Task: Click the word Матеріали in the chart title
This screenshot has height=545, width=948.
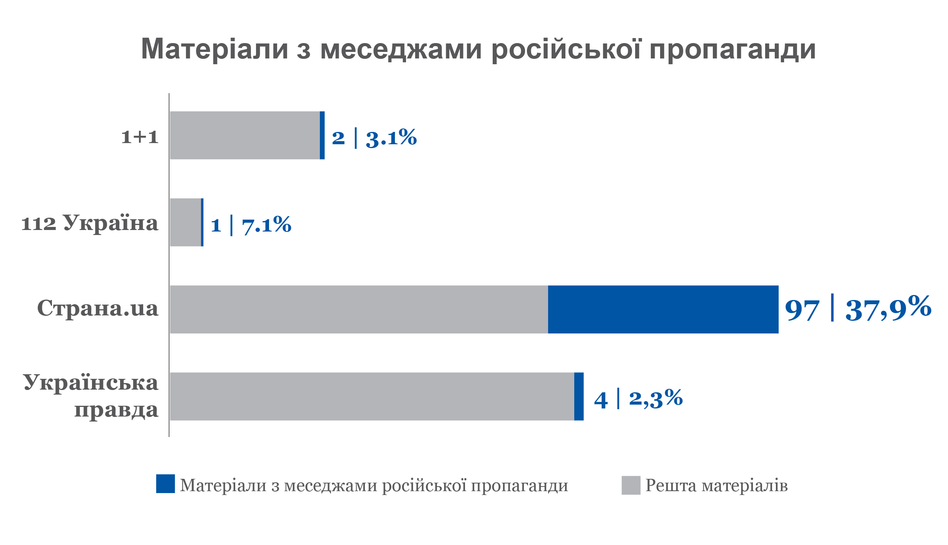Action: coord(214,49)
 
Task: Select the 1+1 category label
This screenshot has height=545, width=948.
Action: coord(140,137)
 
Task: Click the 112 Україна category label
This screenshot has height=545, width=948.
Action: coord(90,223)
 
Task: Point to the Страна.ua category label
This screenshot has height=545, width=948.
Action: coord(98,308)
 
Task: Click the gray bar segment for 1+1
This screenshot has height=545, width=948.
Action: coord(244,135)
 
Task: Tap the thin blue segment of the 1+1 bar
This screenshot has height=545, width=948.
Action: coord(322,135)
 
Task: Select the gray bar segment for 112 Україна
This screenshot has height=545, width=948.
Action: coord(185,222)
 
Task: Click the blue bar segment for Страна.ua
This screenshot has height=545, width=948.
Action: coord(663,309)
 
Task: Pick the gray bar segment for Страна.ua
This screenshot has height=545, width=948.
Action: coord(359,309)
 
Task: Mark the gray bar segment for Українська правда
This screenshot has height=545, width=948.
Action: coord(371,397)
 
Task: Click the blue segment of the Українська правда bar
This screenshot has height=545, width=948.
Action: coord(579,397)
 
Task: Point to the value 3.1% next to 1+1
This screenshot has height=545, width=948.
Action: coord(391,138)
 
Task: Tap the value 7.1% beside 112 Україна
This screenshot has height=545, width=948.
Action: coord(266,225)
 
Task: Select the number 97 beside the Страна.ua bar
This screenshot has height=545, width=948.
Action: coord(802,310)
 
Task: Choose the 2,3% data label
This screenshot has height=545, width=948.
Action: coord(656,398)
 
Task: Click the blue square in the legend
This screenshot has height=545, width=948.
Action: coord(166,484)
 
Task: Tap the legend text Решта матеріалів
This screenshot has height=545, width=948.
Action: coord(716,485)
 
